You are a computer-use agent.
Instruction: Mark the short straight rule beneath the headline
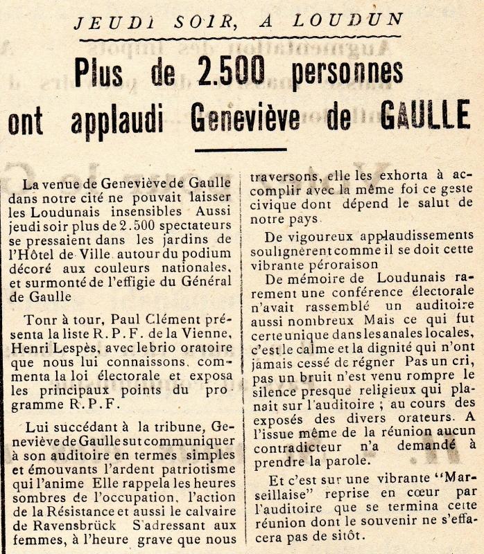(240, 149)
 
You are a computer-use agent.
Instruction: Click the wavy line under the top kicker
(240, 37)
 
